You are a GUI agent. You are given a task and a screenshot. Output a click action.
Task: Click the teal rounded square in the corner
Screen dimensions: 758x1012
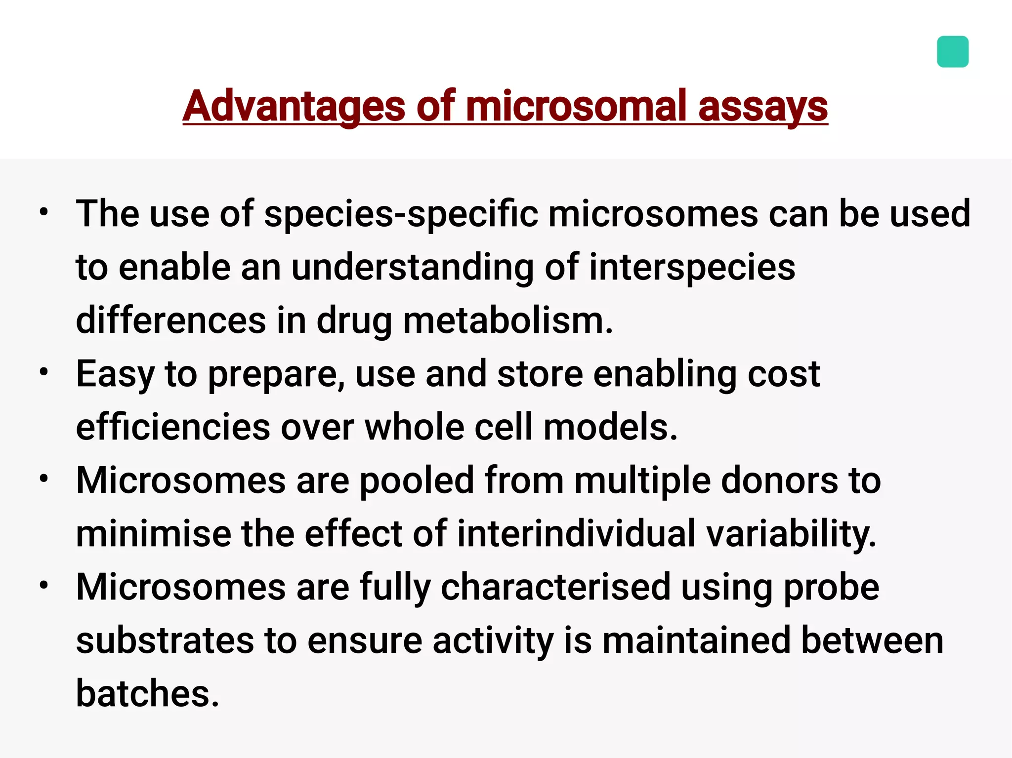[952, 51]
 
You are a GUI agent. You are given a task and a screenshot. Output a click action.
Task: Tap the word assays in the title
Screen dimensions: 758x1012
[763, 106]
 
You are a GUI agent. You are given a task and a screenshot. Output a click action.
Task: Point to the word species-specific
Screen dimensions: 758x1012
[401, 214]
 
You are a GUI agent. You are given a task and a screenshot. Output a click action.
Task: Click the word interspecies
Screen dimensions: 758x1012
[692, 267]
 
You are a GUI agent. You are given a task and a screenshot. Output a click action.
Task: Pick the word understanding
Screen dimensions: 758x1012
[412, 267]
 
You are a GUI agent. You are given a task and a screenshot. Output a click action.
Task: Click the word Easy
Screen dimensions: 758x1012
[115, 374]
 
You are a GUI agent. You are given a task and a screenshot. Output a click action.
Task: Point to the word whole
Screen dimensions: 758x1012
[414, 427]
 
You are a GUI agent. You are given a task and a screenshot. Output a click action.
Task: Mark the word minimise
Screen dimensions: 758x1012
[153, 534]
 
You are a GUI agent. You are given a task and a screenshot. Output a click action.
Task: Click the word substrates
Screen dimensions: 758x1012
[165, 640]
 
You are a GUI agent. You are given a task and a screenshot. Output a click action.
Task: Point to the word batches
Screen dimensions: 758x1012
[147, 694]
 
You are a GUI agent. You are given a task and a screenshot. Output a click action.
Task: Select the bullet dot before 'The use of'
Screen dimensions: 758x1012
[44, 212]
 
